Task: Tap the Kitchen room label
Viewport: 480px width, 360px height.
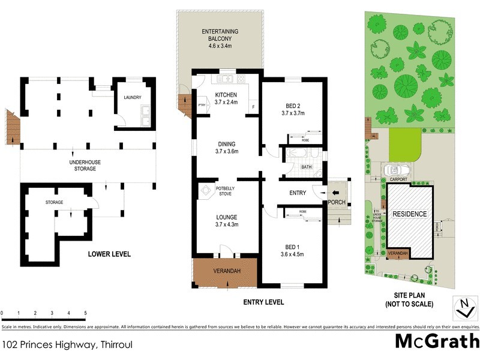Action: tap(226, 98)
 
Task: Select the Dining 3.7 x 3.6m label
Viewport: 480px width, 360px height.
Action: tap(226, 148)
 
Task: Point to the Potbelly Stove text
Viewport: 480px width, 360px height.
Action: tap(226, 191)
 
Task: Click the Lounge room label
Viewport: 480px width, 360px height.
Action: tap(226, 221)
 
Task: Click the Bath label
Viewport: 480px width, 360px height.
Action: tap(307, 167)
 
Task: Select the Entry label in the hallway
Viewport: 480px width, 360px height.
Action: tap(298, 193)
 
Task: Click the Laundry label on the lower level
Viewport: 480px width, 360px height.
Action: tap(132, 97)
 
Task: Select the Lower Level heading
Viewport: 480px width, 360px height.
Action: tap(109, 254)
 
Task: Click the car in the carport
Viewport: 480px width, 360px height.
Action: tap(397, 170)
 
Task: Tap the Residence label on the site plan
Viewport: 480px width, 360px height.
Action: tap(410, 214)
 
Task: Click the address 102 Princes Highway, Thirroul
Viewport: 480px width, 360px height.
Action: tap(67, 344)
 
